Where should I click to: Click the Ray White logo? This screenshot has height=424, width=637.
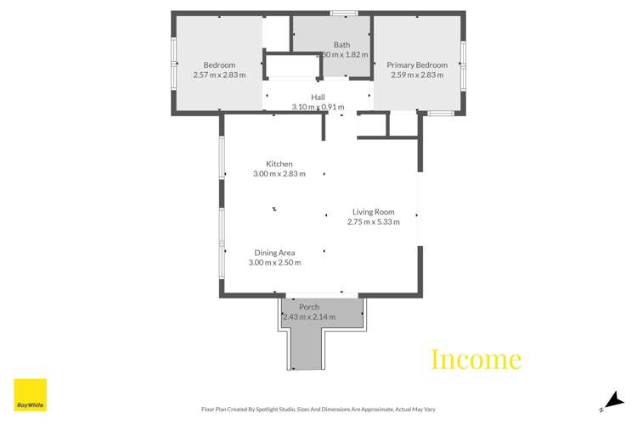tap(31, 394)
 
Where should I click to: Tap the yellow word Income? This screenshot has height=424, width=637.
tap(476, 359)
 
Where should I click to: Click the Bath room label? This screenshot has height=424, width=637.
tap(341, 45)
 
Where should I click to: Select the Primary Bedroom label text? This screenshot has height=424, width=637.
tap(417, 65)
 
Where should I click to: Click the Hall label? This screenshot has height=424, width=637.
tap(318, 98)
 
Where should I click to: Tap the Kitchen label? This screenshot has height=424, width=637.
tap(279, 164)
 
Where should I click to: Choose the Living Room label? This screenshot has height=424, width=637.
tap(374, 212)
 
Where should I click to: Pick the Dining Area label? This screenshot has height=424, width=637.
tap(274, 253)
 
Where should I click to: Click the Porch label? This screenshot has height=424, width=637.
tap(308, 307)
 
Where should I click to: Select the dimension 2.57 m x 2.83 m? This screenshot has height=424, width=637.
tap(219, 75)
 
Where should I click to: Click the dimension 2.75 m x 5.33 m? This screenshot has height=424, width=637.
tap(373, 222)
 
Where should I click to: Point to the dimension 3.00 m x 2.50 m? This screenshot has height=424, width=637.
tap(274, 263)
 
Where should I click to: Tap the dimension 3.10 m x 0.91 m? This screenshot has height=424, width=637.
tap(318, 108)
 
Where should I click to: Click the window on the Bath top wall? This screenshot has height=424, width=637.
tap(344, 13)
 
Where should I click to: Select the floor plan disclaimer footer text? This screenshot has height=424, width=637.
tap(317, 409)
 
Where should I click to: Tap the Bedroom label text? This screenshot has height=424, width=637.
tap(219, 65)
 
